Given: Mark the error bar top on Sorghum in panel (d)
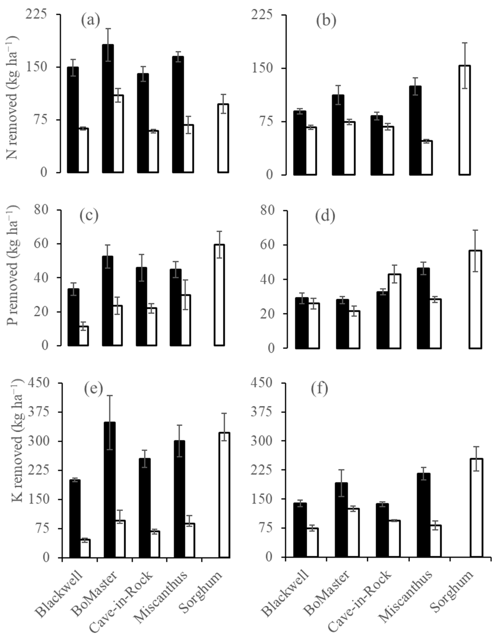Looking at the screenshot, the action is point(475,230).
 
